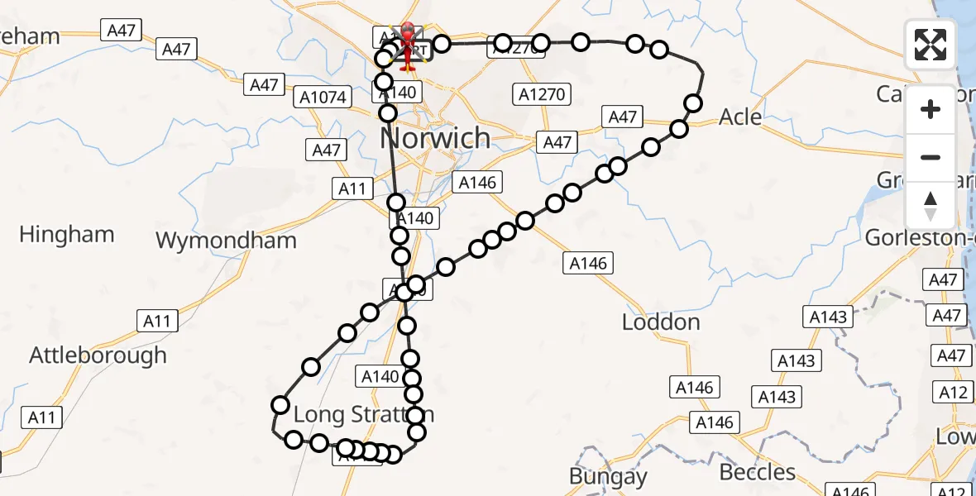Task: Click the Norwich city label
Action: click(435, 137)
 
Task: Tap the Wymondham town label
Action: click(226, 241)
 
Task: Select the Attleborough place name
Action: click(98, 355)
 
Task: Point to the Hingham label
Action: click(66, 235)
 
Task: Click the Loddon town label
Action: click(661, 322)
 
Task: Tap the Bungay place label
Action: click(608, 476)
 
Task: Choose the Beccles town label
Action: click(757, 472)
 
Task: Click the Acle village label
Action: click(740, 117)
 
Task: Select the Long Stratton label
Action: click(363, 414)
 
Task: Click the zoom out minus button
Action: click(931, 157)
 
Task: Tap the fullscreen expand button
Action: click(931, 45)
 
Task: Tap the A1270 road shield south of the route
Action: click(542, 94)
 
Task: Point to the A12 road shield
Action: click(954, 392)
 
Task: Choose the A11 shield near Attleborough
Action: click(156, 321)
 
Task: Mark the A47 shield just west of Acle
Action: click(623, 117)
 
